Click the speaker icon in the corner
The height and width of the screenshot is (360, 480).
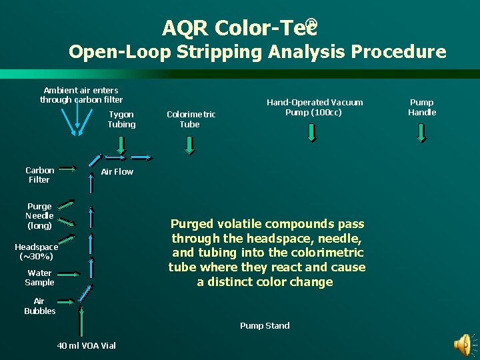462,344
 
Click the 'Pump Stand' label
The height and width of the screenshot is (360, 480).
265,325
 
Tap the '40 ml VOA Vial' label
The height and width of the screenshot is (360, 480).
87,345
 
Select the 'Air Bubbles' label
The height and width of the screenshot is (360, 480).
39,306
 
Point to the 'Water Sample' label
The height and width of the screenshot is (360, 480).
40,277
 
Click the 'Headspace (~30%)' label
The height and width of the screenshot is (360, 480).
36,251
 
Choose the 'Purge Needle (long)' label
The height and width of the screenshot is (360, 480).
39,216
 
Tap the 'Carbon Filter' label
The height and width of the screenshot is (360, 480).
39,175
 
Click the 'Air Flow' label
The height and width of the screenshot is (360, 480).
117,171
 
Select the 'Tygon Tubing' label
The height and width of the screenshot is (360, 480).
121,119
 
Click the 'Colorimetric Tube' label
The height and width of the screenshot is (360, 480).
191,119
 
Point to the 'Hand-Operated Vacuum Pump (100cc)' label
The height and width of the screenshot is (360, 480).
315,107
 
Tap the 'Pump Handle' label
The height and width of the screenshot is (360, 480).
422,107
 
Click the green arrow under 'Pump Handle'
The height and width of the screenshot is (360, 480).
422,133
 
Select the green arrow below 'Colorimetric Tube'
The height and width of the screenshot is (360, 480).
190,145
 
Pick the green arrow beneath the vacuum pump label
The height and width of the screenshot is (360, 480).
312,133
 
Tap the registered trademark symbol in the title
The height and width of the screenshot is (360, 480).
312,25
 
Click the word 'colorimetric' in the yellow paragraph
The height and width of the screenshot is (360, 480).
329,253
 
